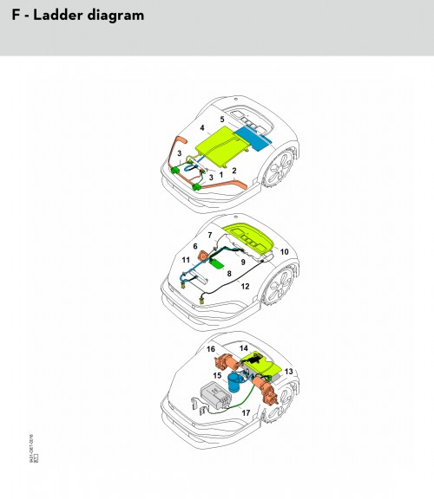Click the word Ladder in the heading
(54, 16)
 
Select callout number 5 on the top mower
(222, 119)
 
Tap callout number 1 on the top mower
(220, 174)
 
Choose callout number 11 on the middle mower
(187, 259)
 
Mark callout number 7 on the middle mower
(209, 236)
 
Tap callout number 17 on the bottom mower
(248, 414)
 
